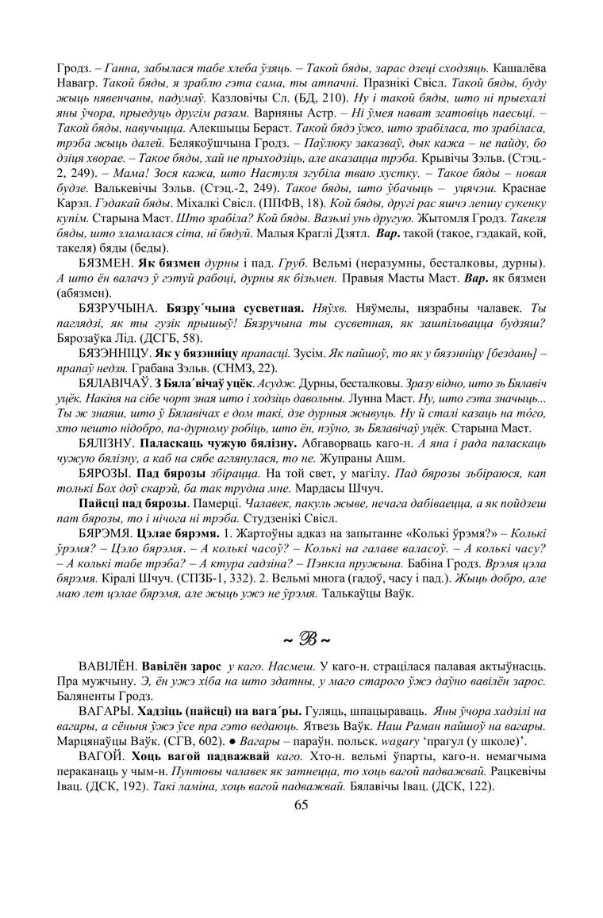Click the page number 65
click(x=301, y=805)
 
